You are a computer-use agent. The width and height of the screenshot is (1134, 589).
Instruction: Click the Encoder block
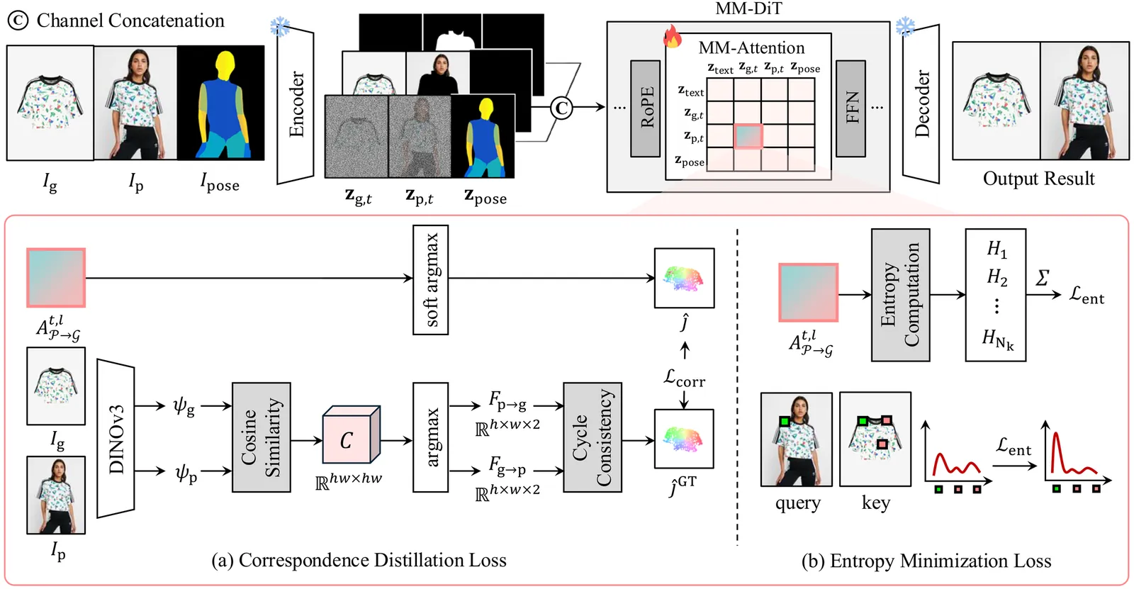(x=296, y=105)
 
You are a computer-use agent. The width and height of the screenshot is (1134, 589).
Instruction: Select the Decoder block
(x=921, y=104)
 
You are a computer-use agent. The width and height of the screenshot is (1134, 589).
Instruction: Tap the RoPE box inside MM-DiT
(x=646, y=108)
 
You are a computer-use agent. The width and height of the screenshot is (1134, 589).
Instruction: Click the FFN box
(x=850, y=108)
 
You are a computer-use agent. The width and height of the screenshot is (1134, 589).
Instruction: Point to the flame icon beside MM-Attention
(x=672, y=36)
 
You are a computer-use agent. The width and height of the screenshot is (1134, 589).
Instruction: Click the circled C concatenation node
(x=561, y=108)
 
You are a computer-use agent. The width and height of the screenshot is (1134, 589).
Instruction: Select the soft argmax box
(x=430, y=279)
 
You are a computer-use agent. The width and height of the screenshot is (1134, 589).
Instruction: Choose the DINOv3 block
(x=116, y=438)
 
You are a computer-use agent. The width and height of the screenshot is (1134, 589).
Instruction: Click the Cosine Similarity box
(x=261, y=437)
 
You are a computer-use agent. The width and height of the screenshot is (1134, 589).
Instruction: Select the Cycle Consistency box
(x=592, y=437)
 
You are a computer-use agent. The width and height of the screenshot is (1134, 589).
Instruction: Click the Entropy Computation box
(x=900, y=295)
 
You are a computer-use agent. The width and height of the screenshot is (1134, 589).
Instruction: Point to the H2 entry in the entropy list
(x=997, y=276)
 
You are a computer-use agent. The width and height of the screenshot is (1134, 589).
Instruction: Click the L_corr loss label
(x=684, y=378)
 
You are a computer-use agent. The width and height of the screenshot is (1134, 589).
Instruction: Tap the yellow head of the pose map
(x=225, y=65)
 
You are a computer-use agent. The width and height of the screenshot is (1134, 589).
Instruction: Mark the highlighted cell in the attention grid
(x=748, y=136)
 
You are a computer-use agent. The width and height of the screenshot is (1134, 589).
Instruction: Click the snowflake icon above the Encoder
(x=280, y=28)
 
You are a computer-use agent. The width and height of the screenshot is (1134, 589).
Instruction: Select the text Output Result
(x=1038, y=179)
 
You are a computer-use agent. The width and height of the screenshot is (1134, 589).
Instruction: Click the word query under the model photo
(x=797, y=503)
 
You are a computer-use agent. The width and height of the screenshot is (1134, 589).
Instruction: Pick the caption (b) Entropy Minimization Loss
(x=926, y=561)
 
